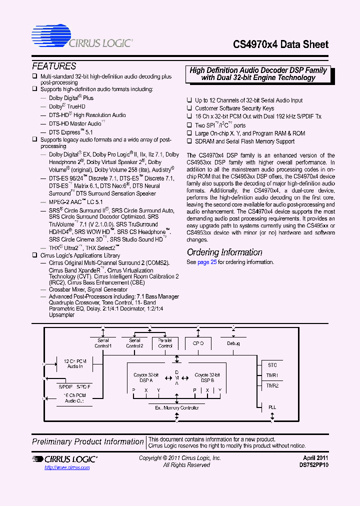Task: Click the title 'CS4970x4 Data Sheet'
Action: coord(281,44)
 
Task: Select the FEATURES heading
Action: coord(54,66)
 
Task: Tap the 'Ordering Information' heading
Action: coord(224,252)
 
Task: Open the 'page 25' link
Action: coord(206,262)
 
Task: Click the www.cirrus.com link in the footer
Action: coord(67,467)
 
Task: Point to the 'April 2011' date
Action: coord(315,458)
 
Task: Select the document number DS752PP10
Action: coord(314,465)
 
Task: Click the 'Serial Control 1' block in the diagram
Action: coord(103,343)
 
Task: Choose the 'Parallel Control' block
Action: coord(165,343)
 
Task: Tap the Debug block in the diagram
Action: coord(233,343)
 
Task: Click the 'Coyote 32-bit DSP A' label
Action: coord(146,377)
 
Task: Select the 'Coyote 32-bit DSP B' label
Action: coord(207,377)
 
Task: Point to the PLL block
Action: coord(272,407)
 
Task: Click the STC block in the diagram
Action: coord(272,365)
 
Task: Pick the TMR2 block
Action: coord(272,385)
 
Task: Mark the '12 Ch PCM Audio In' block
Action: coord(75,363)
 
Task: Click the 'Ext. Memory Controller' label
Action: coord(177,408)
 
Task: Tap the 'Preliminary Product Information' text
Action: coord(88,441)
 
